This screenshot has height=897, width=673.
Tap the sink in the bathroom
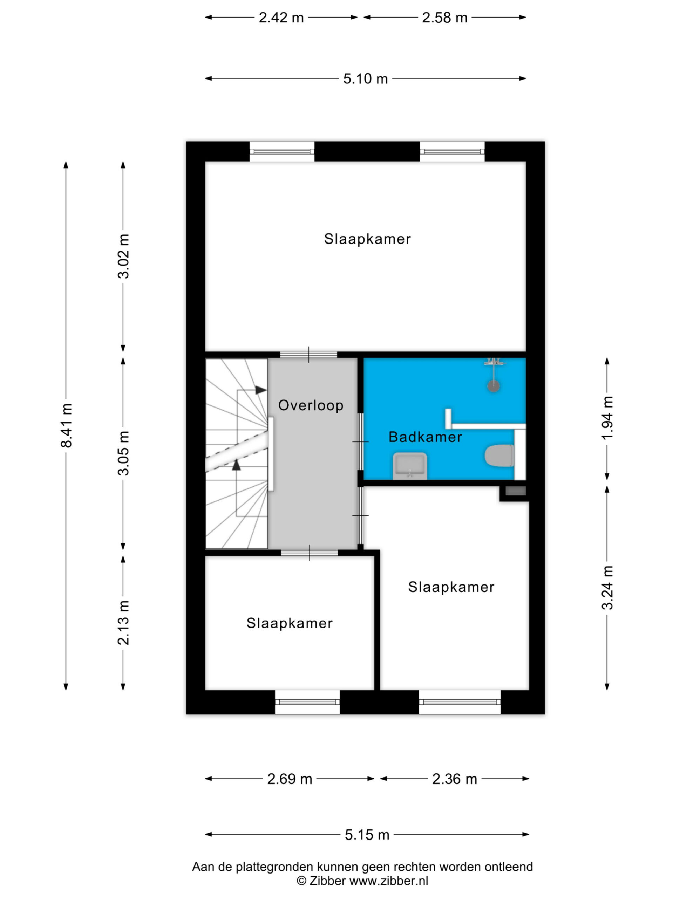click(410, 466)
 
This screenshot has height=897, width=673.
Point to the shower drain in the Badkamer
click(493, 386)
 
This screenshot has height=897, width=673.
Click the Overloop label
click(311, 405)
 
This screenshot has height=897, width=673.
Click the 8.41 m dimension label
click(66, 425)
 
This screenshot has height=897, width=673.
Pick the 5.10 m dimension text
click(366, 79)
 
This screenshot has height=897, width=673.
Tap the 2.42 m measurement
click(281, 18)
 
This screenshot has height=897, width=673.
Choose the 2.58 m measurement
click(444, 18)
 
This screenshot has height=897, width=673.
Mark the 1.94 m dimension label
click(607, 418)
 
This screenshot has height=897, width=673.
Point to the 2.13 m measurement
click(123, 622)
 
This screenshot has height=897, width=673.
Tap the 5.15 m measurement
click(367, 835)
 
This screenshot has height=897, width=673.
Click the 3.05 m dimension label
click(123, 453)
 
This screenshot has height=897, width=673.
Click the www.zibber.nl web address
click(389, 881)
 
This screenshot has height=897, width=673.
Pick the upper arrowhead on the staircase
click(261, 390)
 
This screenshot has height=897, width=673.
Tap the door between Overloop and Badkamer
click(360, 441)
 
